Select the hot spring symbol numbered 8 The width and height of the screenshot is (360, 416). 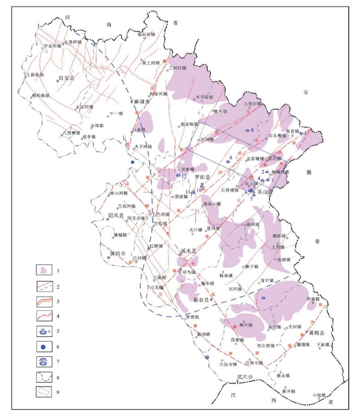click(247, 130)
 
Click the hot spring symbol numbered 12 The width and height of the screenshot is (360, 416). click(178, 176)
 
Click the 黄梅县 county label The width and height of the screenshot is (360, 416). click(317, 333)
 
